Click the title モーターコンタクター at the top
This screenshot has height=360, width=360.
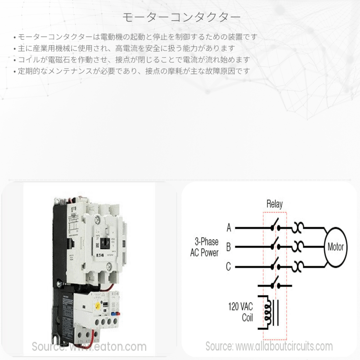(x=180, y=17)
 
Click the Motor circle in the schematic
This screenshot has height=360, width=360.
(x=336, y=247)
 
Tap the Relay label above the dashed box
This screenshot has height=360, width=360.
(x=274, y=204)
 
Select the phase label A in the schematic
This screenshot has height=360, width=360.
(x=229, y=228)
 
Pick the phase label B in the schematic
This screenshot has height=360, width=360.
(x=229, y=247)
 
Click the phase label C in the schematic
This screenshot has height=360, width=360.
(x=229, y=267)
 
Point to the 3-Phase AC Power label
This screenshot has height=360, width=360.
(x=204, y=247)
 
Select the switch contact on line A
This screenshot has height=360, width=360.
(x=275, y=227)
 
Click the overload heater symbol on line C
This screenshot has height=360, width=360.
(x=299, y=267)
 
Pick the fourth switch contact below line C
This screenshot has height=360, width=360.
(x=275, y=283)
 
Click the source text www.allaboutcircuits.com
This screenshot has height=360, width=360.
(x=269, y=346)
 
